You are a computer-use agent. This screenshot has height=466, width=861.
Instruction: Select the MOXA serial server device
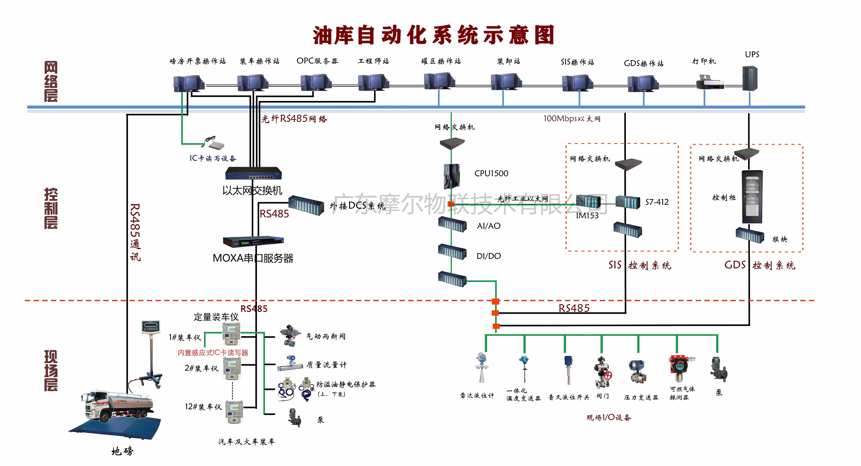253,242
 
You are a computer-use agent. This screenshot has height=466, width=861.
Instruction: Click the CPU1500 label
491,173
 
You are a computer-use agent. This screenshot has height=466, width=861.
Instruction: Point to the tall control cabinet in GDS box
752,197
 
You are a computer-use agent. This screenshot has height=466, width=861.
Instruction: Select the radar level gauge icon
481,367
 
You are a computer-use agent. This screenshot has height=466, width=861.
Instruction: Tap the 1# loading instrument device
231,333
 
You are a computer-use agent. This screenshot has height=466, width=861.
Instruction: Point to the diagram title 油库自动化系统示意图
433,35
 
